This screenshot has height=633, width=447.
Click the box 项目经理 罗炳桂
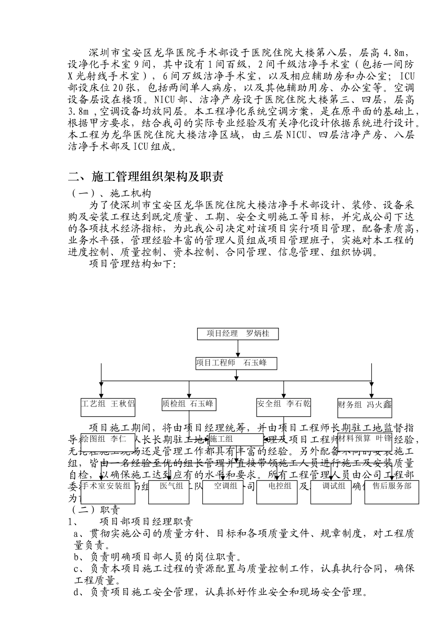point(238,334)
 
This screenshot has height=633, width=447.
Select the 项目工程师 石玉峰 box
point(236,363)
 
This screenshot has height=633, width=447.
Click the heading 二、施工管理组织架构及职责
point(145,177)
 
